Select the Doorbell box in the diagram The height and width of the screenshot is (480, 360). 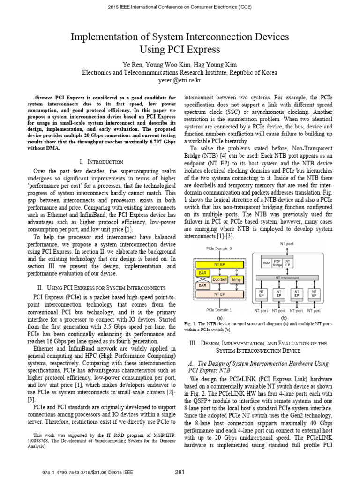pyautogui.click(x=219, y=279)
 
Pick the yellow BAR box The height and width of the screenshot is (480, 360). pyautogui.click(x=202, y=272)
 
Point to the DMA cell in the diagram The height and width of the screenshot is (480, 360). pyautogui.click(x=266, y=263)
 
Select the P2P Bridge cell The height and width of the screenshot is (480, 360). pyautogui.click(x=277, y=263)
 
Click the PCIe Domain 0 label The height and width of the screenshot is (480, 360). pyautogui.click(x=219, y=248)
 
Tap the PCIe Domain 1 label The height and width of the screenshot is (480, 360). pyautogui.click(x=219, y=310)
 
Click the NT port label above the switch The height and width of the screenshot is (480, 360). pyautogui.click(x=286, y=243)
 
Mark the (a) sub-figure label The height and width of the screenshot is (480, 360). pyautogui.click(x=219, y=317)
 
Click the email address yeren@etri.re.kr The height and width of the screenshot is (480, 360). pyautogui.click(x=180, y=80)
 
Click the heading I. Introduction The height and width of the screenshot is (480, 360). pyautogui.click(x=102, y=161)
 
